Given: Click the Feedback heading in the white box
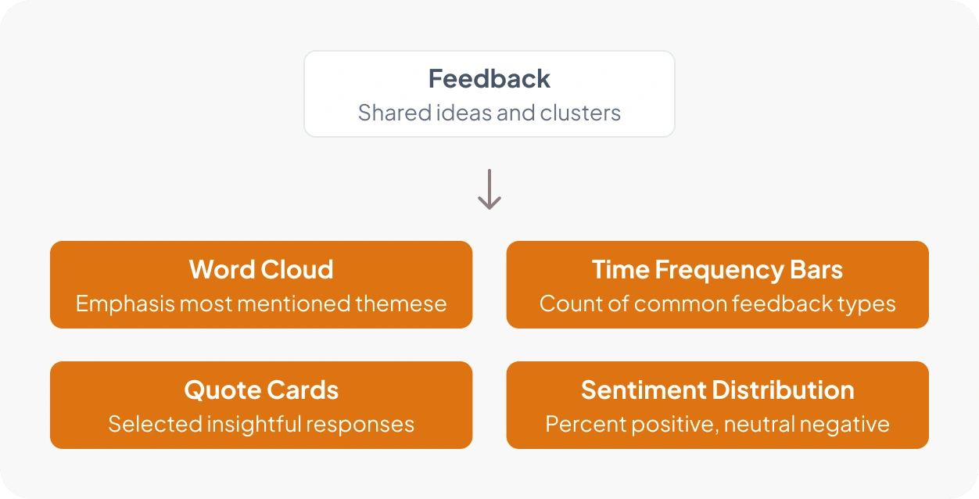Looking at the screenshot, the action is pyautogui.click(x=489, y=79).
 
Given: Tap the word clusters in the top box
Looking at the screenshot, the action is pyautogui.click(x=580, y=113).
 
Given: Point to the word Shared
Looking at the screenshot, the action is pyautogui.click(x=395, y=113).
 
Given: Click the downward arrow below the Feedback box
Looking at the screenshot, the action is pyautogui.click(x=489, y=189).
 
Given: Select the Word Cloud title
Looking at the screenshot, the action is pyautogui.click(x=261, y=269).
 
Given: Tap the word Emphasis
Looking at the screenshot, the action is pyautogui.click(x=125, y=304).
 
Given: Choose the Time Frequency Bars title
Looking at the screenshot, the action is pyautogui.click(x=717, y=270).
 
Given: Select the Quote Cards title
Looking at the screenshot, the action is pyautogui.click(x=261, y=390).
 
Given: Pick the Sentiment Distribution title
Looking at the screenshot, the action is pyautogui.click(x=718, y=390).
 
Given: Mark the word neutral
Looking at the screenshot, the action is pyautogui.click(x=759, y=424).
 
